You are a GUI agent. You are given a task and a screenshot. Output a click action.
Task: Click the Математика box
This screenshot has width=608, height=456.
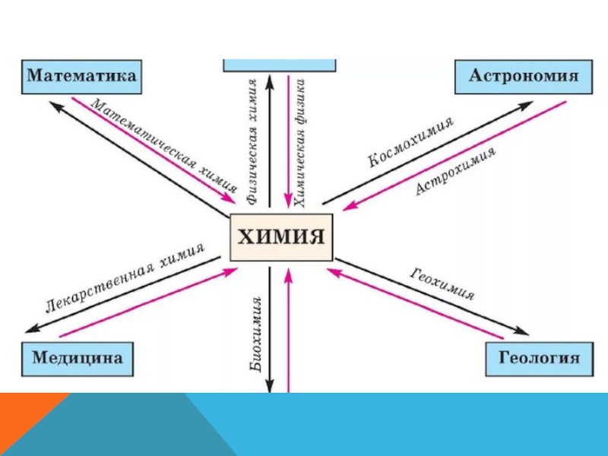point(82,78)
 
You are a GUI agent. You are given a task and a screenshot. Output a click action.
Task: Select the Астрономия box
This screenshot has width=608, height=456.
point(524,78)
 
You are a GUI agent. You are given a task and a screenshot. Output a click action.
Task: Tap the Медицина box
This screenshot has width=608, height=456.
point(77,357)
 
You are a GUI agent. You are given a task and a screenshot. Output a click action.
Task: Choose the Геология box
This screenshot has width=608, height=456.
point(539,357)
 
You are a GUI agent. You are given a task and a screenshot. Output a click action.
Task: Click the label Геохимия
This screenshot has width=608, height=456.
point(442,284)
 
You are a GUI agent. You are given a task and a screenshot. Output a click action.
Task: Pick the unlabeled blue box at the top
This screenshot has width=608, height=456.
point(279,64)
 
